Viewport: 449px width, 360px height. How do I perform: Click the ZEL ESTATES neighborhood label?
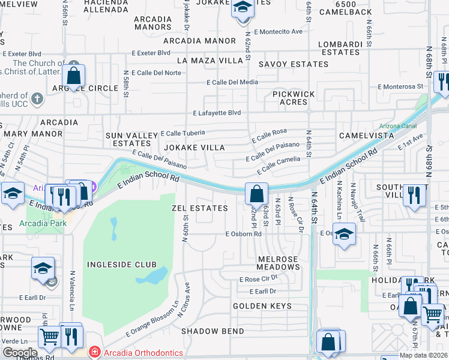(x=199, y=208)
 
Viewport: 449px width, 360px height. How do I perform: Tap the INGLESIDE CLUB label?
(x=121, y=265)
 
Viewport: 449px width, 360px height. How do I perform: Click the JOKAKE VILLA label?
(x=193, y=148)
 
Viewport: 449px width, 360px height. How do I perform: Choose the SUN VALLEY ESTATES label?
(x=128, y=140)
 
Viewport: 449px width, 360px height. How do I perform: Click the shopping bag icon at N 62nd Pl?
(x=256, y=194)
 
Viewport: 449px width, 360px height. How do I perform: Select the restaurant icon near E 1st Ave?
(x=414, y=196)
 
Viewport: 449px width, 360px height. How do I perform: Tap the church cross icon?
(x=37, y=98)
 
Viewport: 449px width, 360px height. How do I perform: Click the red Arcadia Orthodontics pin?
(x=94, y=351)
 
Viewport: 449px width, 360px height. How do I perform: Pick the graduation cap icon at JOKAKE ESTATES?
(x=243, y=8)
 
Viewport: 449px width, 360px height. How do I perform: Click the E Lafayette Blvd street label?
(x=217, y=113)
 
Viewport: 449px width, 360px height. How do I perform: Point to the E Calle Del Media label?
(x=232, y=82)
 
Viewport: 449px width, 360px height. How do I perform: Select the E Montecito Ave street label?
(x=277, y=31)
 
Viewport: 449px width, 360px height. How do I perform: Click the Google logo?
(x=19, y=353)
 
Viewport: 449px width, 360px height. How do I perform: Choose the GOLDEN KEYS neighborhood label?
(x=262, y=306)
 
